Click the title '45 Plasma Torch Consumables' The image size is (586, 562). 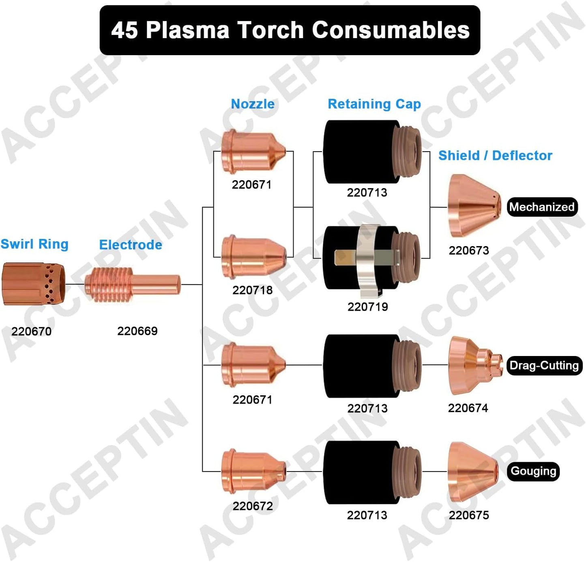click(x=290, y=30)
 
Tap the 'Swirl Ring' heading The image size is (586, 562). click(x=34, y=244)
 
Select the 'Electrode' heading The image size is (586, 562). click(x=131, y=245)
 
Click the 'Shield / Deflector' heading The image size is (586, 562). click(x=495, y=156)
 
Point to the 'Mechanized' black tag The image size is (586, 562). click(x=542, y=207)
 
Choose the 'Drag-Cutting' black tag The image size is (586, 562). click(x=544, y=365)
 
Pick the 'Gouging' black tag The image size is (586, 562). click(x=533, y=471)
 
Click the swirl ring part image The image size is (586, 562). click(x=33, y=283)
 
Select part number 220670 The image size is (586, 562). click(x=31, y=332)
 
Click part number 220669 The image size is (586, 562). click(x=137, y=331)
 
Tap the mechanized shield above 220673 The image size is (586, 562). click(x=472, y=206)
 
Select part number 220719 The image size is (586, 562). click(x=367, y=307)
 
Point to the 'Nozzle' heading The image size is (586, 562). click(x=253, y=104)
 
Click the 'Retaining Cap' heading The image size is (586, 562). click(x=374, y=104)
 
